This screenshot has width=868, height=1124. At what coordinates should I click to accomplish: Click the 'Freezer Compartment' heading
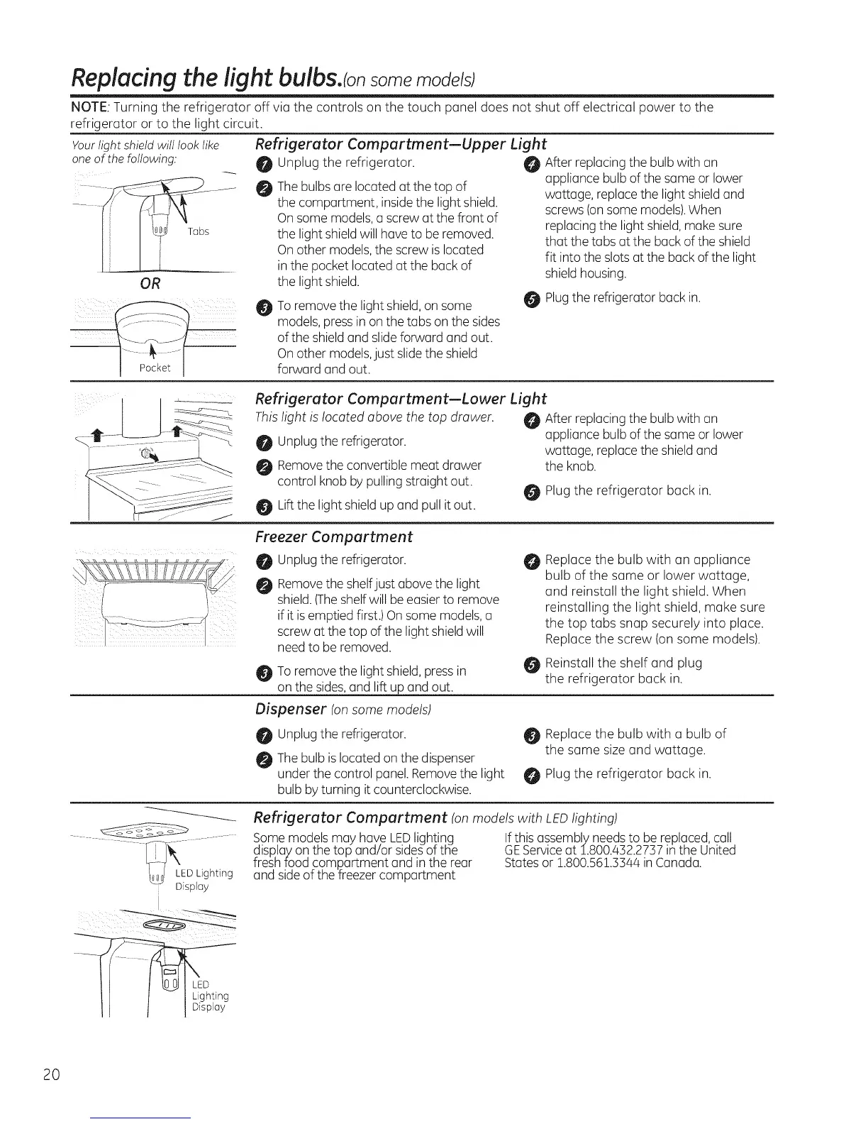click(333, 536)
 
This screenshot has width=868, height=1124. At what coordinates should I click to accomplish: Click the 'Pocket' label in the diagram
click(155, 368)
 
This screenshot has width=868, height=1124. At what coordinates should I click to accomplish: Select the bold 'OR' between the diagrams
click(150, 284)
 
